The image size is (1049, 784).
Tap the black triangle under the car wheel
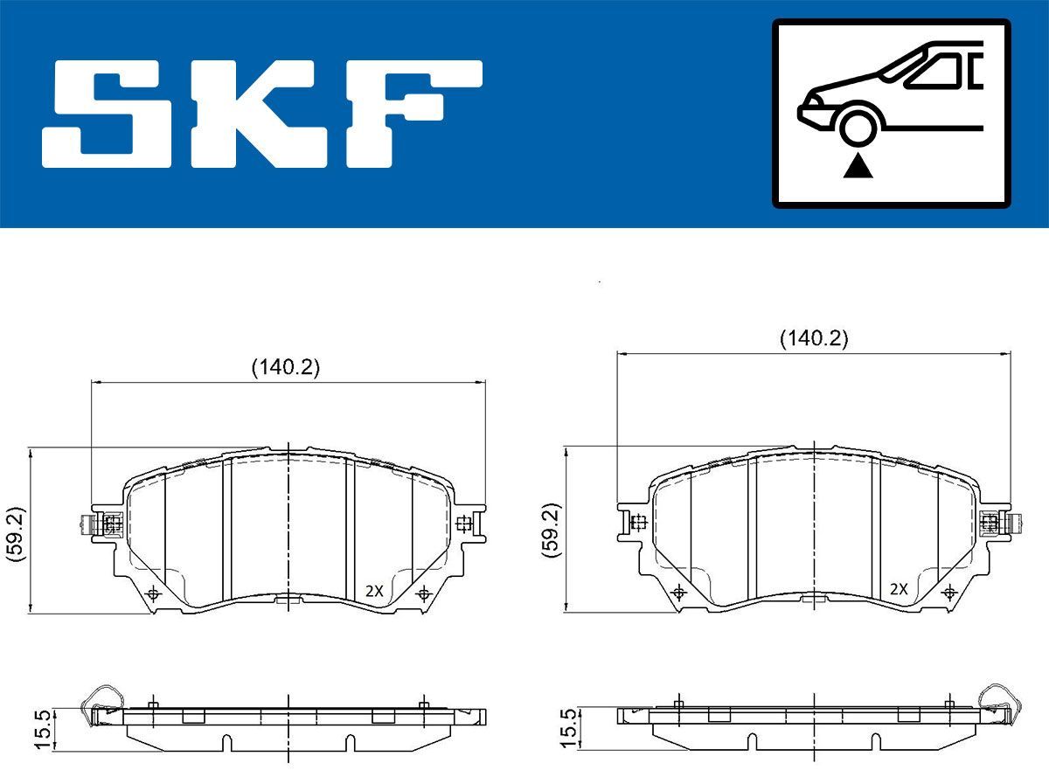click(x=858, y=165)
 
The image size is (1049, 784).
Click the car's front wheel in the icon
click(x=858, y=126)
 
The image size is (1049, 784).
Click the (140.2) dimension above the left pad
click(x=286, y=368)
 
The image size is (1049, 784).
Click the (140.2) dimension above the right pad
click(x=814, y=339)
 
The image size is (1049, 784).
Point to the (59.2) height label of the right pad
click(x=549, y=530)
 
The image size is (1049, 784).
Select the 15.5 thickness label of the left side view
click(x=40, y=727)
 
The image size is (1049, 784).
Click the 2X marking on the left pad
click(x=374, y=591)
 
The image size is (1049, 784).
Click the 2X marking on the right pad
click(x=898, y=589)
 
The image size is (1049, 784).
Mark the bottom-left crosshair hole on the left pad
click(x=155, y=594)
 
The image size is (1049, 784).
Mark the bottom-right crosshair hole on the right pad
click(x=950, y=593)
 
